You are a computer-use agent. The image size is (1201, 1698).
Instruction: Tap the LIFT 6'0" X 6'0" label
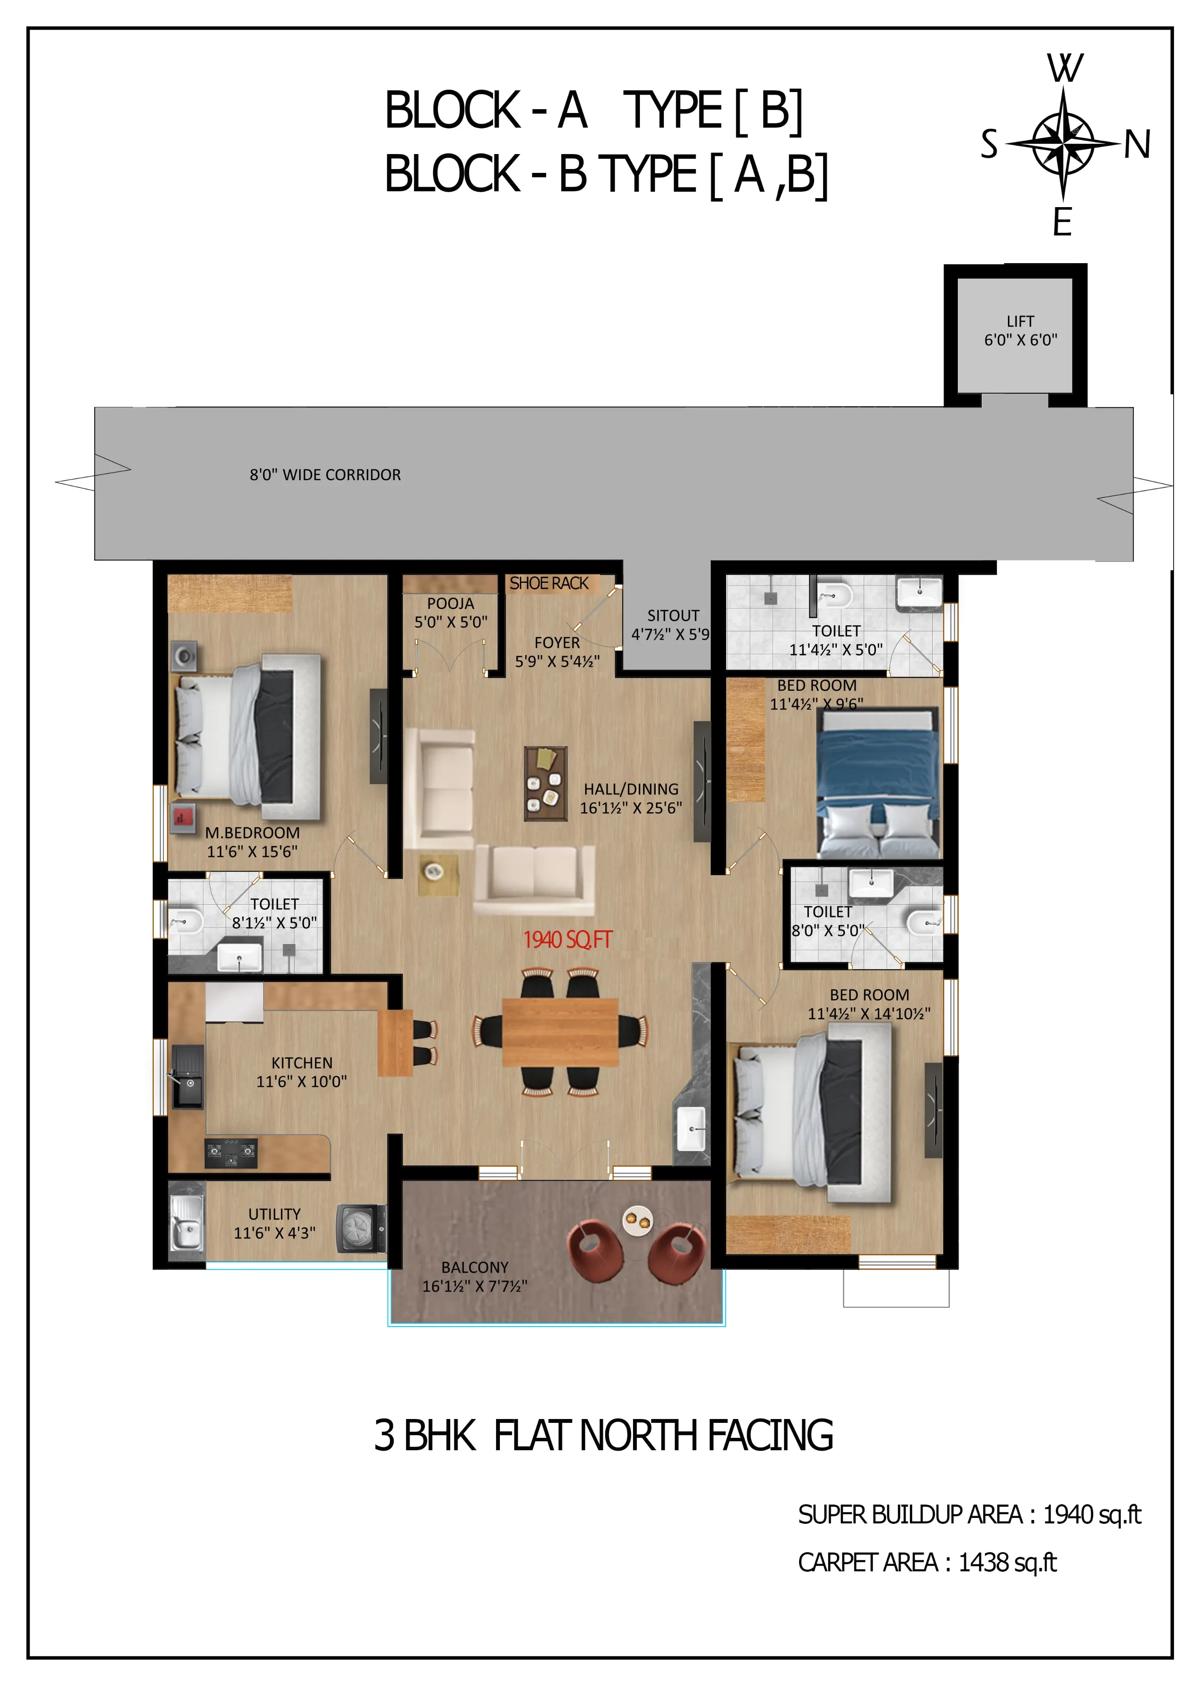pos(1020,331)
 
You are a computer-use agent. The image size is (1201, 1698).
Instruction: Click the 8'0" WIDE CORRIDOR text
pos(325,475)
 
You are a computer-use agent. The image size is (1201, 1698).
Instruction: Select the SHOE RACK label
pos(549,584)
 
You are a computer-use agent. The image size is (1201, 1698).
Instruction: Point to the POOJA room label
pos(450,603)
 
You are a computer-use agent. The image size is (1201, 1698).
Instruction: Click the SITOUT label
pos(673,615)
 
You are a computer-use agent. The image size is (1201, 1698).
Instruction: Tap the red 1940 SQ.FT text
pos(568,940)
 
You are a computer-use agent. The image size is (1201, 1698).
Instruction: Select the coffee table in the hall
pos(546,783)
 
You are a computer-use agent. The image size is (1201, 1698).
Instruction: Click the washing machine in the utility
pos(361,1229)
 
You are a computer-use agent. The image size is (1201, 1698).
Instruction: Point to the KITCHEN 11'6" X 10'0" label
pos(302,1072)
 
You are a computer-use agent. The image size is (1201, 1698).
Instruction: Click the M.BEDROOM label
pos(252,833)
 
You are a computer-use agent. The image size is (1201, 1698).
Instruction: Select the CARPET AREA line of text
pos(928,1563)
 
